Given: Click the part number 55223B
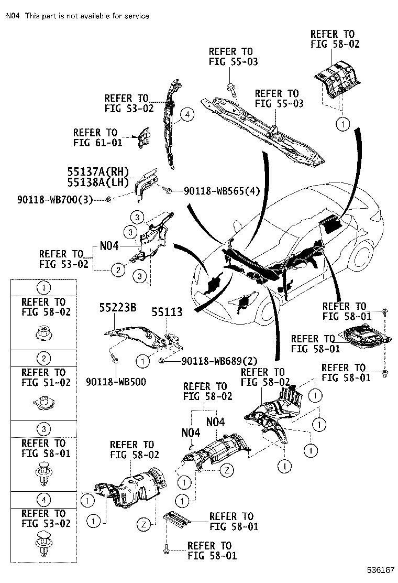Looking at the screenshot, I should (x=118, y=308).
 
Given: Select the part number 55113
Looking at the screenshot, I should (x=167, y=312).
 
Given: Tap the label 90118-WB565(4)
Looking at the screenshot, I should (x=222, y=191).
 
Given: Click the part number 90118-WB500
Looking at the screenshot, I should (x=116, y=382).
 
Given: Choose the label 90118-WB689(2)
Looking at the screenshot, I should (x=219, y=361).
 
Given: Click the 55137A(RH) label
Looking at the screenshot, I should (x=97, y=172).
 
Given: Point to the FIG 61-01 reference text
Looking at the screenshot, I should (x=95, y=143).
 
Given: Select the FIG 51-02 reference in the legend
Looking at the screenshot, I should (x=43, y=382).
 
